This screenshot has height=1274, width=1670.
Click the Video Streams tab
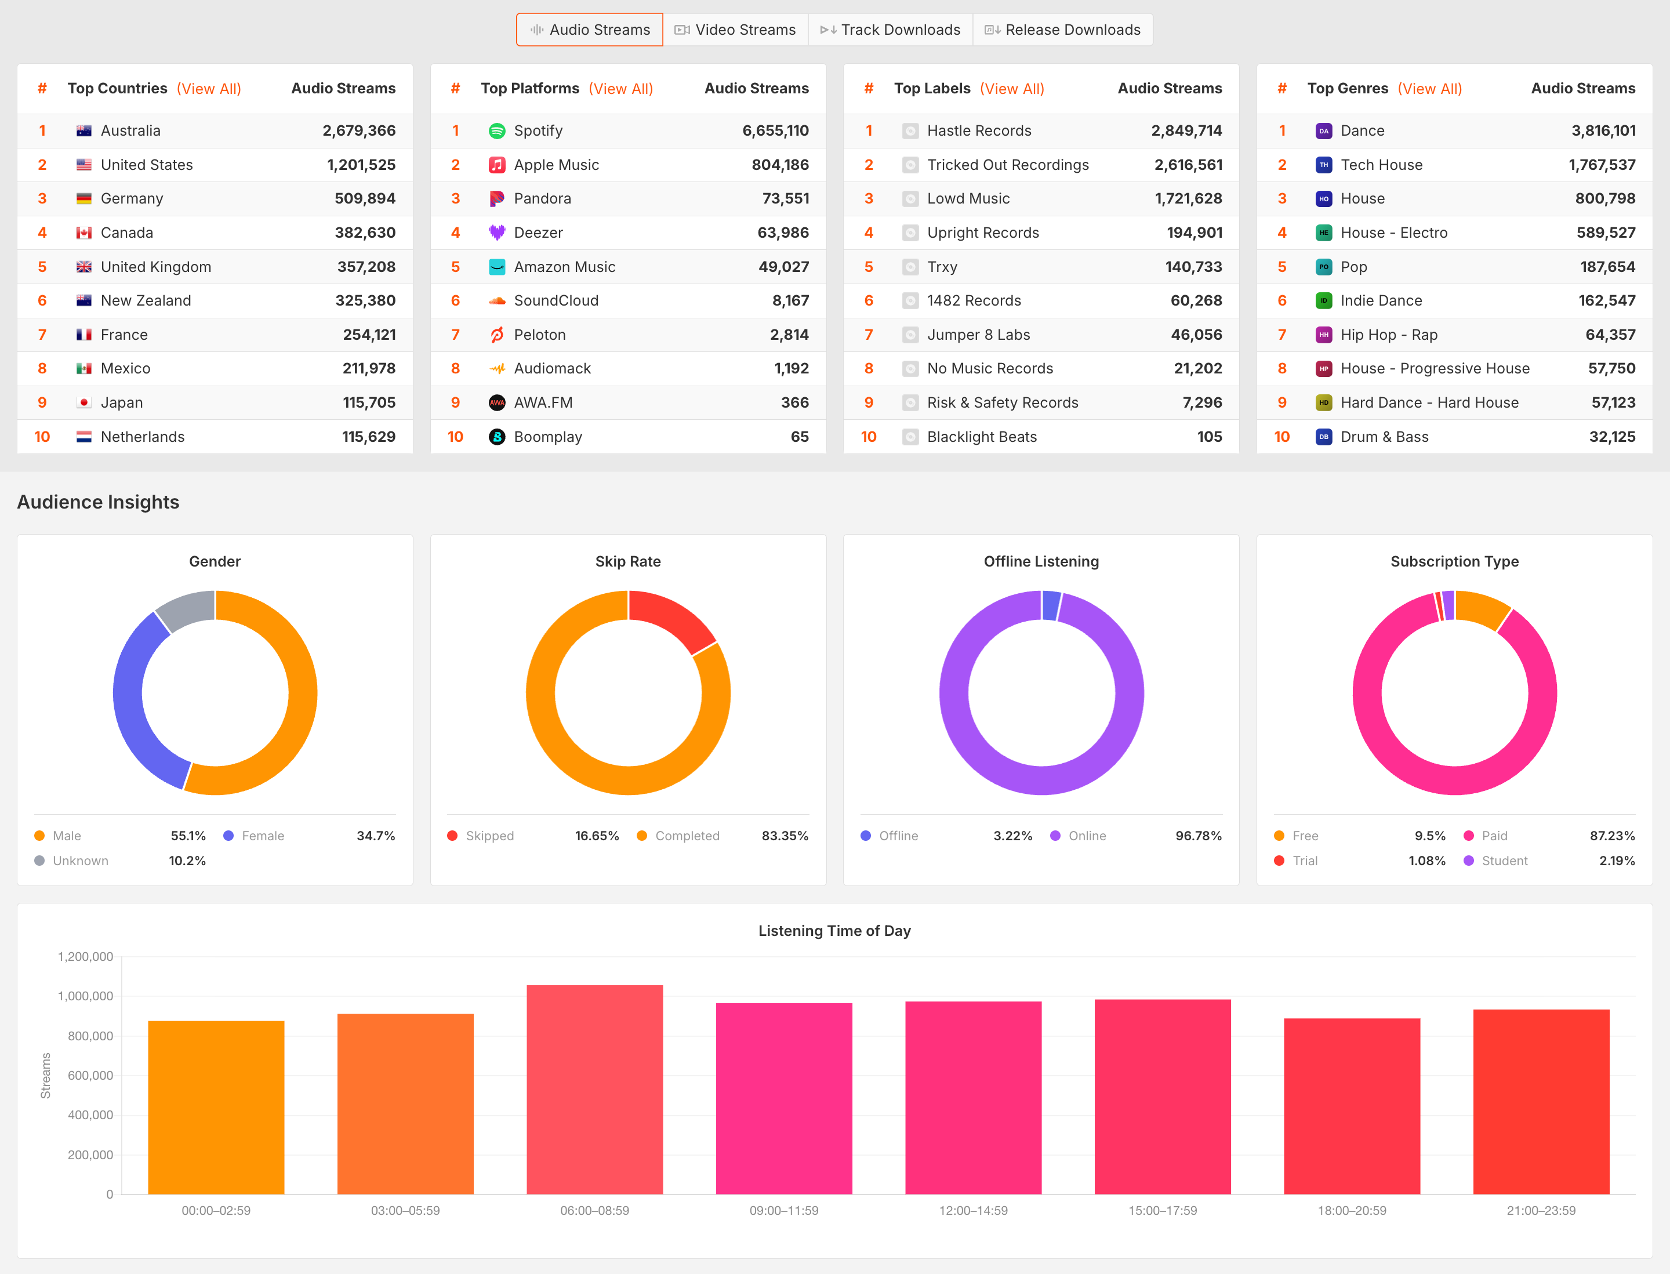coord(735,30)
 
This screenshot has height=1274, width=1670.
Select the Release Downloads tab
coord(1062,30)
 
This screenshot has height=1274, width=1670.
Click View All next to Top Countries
coord(209,89)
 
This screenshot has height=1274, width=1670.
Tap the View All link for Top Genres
coord(1429,89)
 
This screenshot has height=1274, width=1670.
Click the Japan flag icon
coord(84,402)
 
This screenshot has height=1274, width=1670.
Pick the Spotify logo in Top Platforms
coord(497,130)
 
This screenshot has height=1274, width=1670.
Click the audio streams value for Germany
coord(365,199)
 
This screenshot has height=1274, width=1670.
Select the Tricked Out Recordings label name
coord(1008,165)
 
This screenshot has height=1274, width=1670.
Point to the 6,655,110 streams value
coord(775,130)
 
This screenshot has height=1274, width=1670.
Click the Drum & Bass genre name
coord(1384,437)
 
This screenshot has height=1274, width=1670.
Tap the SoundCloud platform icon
coord(497,301)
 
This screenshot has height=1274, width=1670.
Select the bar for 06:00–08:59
coord(594,1090)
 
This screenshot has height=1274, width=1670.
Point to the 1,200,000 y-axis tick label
coord(85,957)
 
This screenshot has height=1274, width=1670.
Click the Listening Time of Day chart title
coord(834,931)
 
